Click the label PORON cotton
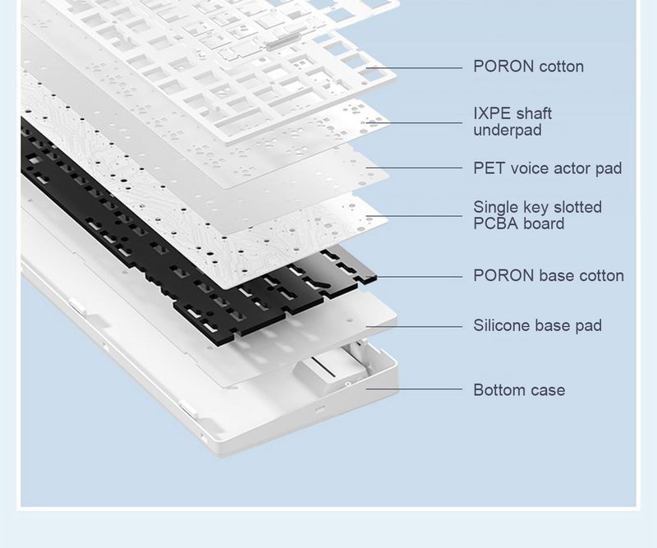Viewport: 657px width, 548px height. tap(528, 67)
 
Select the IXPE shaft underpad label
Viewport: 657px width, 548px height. tap(512, 122)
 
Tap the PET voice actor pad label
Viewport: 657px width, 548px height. tap(547, 168)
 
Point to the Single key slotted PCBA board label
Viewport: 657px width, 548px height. tap(537, 215)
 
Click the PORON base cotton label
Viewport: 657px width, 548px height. tap(548, 276)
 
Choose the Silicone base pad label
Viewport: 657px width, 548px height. tap(537, 326)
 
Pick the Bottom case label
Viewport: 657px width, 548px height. tap(519, 389)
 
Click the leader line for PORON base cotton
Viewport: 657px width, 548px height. tap(419, 277)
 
